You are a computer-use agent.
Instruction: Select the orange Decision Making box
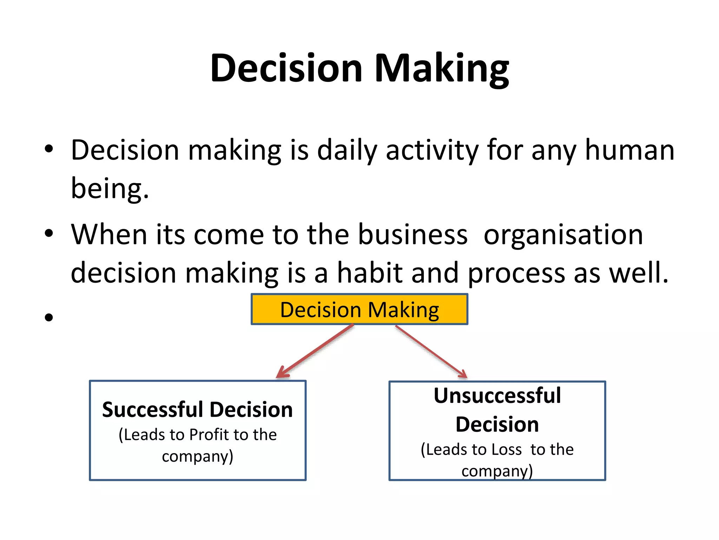point(359,309)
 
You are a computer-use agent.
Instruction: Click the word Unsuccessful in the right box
point(497,396)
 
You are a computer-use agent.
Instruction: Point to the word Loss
point(507,450)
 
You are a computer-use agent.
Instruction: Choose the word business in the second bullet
point(413,234)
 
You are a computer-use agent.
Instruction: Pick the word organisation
point(563,234)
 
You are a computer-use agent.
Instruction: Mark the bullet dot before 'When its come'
point(49,233)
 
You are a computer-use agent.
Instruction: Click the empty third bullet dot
point(49,317)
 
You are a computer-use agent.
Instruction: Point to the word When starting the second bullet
point(109,234)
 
